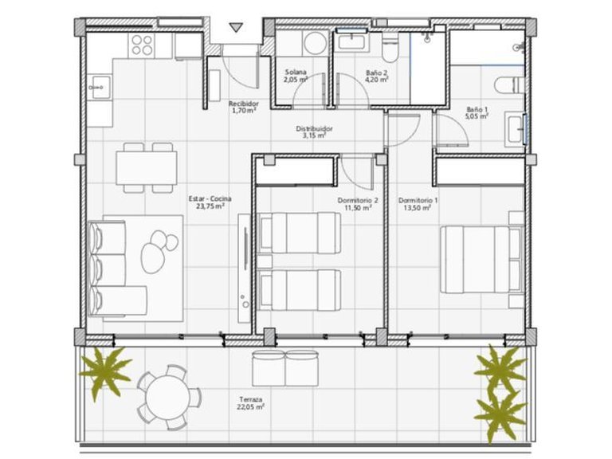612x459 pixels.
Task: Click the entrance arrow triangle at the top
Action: [x=235, y=27]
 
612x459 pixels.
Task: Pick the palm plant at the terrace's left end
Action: [x=104, y=371]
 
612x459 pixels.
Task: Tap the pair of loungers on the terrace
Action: [x=284, y=367]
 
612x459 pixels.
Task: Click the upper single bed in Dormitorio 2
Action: [x=300, y=232]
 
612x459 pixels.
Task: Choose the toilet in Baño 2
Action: [x=389, y=49]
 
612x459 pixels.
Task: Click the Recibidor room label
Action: [x=242, y=104]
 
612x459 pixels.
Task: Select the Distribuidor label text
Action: [x=314, y=128]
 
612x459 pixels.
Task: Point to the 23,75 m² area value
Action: [x=209, y=206]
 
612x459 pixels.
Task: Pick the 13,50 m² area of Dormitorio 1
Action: [x=417, y=207]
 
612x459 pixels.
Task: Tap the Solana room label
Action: [x=295, y=73]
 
